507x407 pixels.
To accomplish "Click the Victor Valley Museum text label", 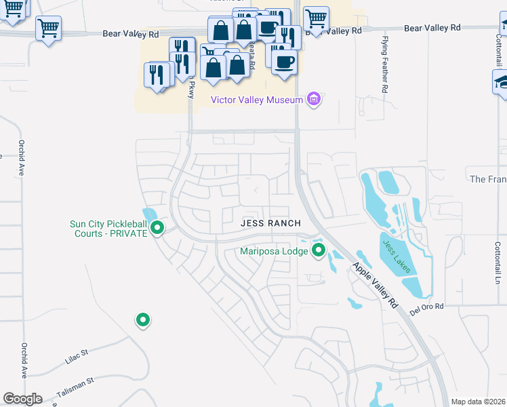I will pos(256,100).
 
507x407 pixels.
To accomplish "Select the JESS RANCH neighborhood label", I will pos(270,223).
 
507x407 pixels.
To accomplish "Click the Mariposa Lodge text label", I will pos(275,251).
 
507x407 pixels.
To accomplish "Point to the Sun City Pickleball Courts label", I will pos(108,229).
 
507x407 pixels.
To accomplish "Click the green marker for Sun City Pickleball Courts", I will pos(157,228).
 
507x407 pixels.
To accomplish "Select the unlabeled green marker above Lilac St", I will pos(142,319).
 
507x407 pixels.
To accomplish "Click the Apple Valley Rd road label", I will pos(375,287).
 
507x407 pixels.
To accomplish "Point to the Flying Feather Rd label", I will pos(384,64).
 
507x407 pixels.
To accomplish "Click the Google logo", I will pos(22,398).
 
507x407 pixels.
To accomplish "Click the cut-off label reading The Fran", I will pos(487,179).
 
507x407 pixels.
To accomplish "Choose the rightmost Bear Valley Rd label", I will pos(432,28).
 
